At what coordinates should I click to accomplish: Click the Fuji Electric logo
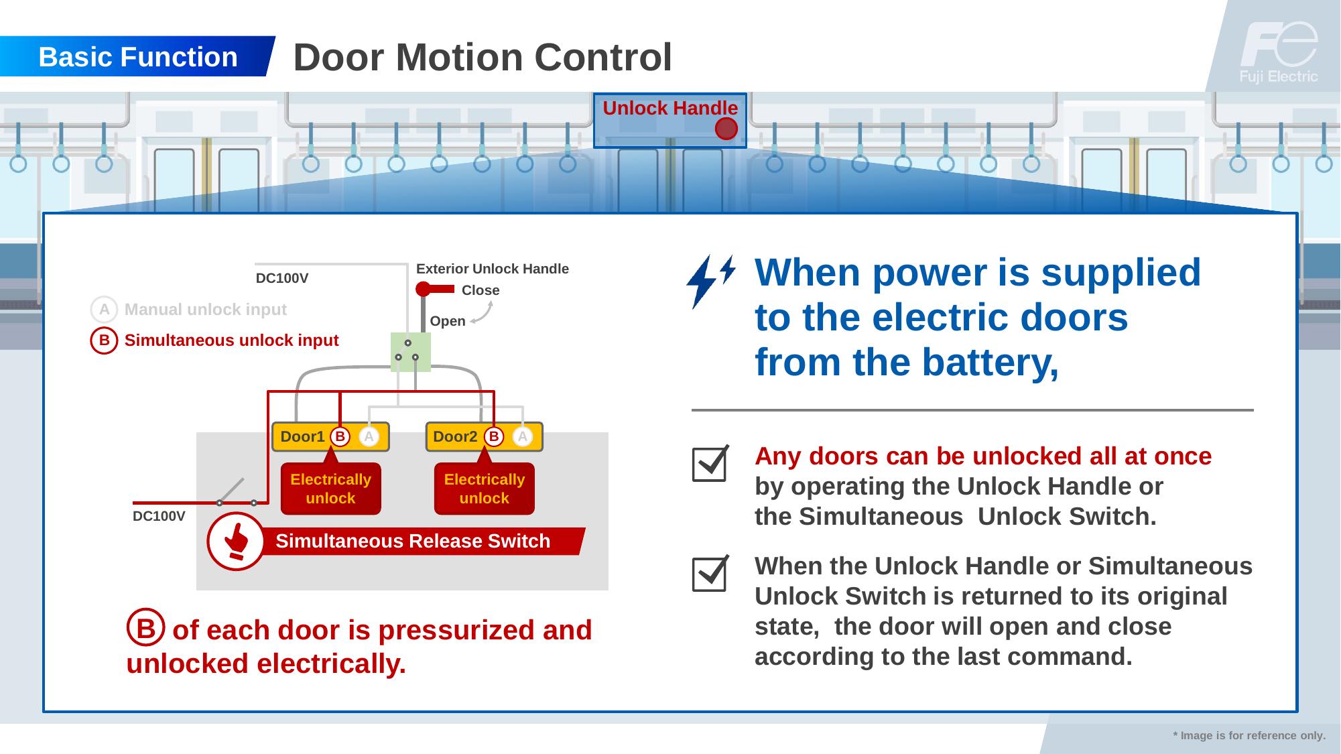pos(1278,52)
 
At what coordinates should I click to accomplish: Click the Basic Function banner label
pos(138,57)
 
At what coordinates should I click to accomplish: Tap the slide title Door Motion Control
pos(483,57)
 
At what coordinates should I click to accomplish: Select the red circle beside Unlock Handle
pos(726,129)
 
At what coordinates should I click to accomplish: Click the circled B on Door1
pos(340,437)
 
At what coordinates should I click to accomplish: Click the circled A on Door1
pos(369,437)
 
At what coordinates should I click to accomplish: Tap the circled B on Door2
pos(494,437)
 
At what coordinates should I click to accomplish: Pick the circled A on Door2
pos(523,437)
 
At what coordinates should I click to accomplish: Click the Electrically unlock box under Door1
pos(330,489)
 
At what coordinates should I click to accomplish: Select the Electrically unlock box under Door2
pos(485,489)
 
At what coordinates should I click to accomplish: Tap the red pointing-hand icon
pos(236,541)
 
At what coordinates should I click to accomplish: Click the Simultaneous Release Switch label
pos(413,541)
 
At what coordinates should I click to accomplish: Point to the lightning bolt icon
pos(709,280)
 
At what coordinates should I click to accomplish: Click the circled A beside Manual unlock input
pos(104,310)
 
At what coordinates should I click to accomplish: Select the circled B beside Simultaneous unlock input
pos(104,340)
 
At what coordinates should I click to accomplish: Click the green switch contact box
pos(410,352)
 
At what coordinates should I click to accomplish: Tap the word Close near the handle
pos(481,290)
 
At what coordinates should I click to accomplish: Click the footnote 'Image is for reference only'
pos(1249,735)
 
